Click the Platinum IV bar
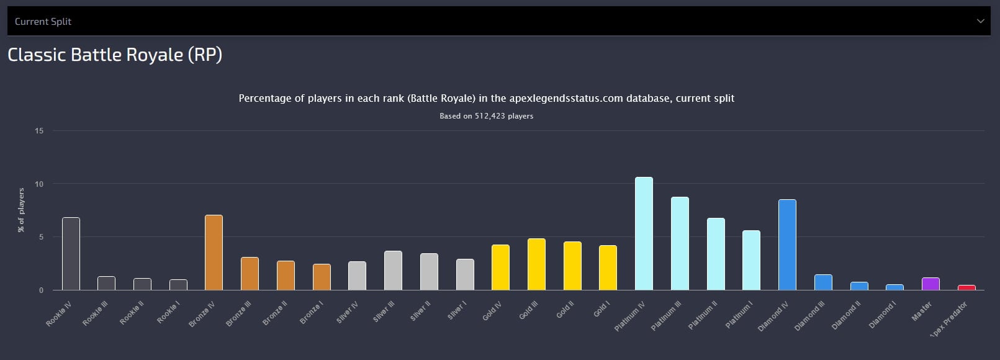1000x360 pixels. (644, 234)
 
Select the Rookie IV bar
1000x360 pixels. (71, 254)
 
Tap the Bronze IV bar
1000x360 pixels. (214, 253)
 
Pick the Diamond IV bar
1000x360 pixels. (787, 245)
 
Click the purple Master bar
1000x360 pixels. (930, 284)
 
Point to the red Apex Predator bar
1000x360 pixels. (966, 287)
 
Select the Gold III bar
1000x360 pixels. (536, 264)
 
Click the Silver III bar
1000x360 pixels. (393, 271)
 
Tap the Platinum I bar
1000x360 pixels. (751, 261)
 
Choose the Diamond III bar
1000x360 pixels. (823, 282)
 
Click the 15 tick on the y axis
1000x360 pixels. (39, 131)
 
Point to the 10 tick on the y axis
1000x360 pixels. (39, 184)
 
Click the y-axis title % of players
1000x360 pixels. (21, 210)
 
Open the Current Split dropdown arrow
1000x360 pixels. (981, 21)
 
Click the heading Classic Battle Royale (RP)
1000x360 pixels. (115, 55)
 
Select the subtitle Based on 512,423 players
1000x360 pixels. (486, 116)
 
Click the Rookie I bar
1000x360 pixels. (178, 285)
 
